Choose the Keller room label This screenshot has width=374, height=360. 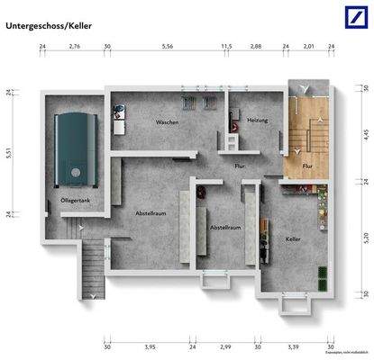coord(291,238)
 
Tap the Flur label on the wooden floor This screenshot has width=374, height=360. coord(306,166)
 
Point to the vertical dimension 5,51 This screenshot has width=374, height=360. coord(9,153)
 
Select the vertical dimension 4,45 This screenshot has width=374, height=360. coord(366,135)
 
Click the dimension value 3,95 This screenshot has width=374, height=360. coord(151,346)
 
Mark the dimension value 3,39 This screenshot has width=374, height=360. coord(293,346)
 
